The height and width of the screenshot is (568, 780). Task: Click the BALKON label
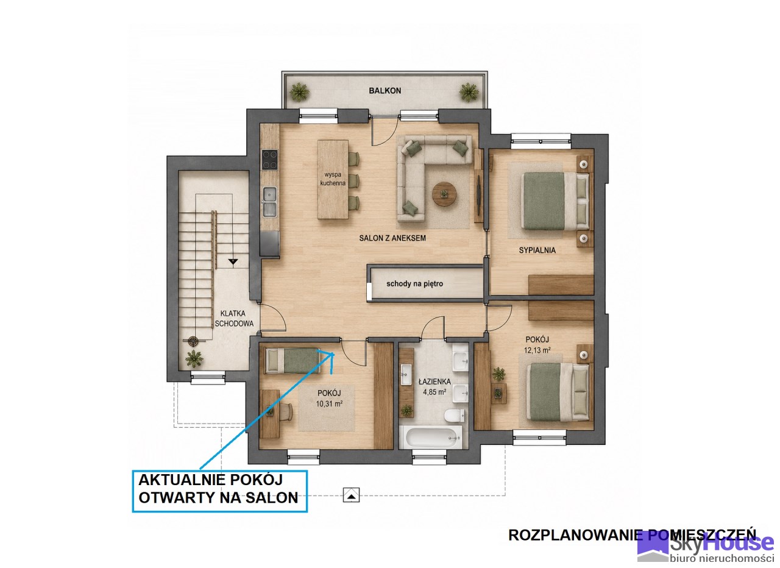click(385, 91)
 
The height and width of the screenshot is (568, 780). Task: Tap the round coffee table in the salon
click(444, 194)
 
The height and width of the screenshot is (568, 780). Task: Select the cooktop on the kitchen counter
click(269, 160)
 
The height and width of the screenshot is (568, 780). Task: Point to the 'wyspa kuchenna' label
click(333, 179)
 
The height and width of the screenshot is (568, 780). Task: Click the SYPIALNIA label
click(537, 250)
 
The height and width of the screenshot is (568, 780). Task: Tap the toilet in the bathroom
click(455, 416)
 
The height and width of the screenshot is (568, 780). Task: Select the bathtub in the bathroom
click(431, 438)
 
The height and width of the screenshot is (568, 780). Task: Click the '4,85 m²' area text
click(434, 392)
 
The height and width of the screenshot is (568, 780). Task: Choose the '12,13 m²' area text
click(537, 350)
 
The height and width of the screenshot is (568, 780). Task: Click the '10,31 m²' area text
click(329, 403)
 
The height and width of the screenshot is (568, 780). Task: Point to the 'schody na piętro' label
click(415, 284)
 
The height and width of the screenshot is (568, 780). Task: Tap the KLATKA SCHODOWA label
click(233, 318)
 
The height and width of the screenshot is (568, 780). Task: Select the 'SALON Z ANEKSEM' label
click(392, 238)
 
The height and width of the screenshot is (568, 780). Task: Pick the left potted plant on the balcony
click(299, 91)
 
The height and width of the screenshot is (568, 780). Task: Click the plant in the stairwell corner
click(194, 358)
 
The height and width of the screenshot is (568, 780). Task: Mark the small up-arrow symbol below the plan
click(351, 494)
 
